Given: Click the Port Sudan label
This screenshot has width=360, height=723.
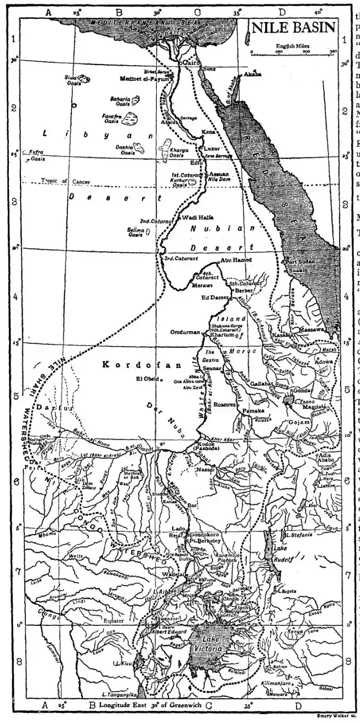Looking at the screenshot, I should (x=299, y=262).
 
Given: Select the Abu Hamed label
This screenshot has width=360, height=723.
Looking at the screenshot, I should (x=236, y=260).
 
